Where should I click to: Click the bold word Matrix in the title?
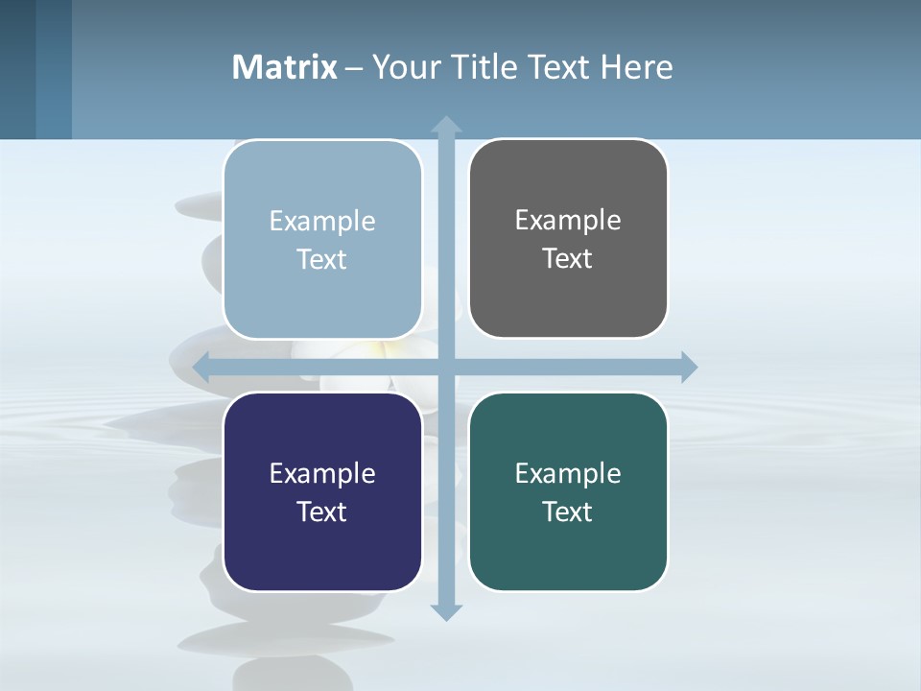coord(284,67)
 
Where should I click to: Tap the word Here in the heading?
coord(636,67)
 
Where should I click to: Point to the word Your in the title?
coord(406,67)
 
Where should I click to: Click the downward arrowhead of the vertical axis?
coord(446,611)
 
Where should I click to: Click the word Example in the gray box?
coord(568,220)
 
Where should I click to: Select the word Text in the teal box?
coord(568,512)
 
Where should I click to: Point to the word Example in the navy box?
coord(322,473)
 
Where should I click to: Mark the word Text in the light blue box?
coord(322,259)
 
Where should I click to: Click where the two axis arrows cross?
coord(446,367)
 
